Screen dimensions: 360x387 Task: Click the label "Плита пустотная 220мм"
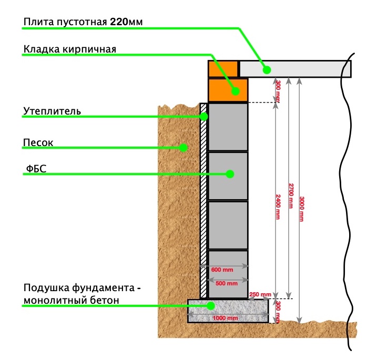point(83,22)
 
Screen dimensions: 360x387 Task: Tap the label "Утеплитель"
point(52,111)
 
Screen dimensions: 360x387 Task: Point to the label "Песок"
point(38,142)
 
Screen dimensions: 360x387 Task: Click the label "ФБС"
point(36,169)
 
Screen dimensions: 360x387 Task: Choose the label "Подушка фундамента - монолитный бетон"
point(83,294)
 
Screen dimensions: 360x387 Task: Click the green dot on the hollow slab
point(267,69)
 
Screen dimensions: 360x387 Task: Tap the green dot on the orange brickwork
point(236,90)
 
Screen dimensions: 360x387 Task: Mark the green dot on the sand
point(184,148)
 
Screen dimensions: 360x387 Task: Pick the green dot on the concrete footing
point(210,305)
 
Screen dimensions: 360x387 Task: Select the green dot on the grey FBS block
point(230,174)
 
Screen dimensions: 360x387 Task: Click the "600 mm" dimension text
point(222,270)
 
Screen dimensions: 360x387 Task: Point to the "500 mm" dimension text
point(225,283)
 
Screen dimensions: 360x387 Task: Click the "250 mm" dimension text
point(260,294)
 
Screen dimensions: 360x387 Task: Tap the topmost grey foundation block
point(228,127)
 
